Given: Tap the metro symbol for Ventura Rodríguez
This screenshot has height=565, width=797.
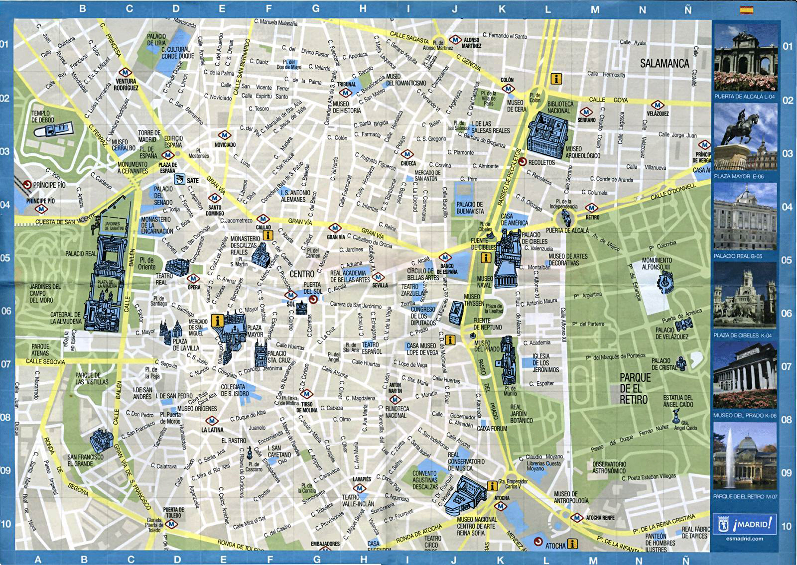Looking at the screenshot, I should tap(126, 72).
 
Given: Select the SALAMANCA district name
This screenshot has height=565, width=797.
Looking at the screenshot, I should tap(664, 64).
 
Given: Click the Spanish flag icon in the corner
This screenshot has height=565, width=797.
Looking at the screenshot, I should tap(746, 9).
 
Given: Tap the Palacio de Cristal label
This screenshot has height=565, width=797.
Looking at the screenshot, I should tap(661, 364).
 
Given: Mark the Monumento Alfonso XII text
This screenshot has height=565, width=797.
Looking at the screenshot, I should tap(656, 263).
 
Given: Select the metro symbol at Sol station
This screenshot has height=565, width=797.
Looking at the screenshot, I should tap(291, 296).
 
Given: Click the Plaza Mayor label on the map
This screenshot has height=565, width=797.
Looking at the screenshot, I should tap(255, 331).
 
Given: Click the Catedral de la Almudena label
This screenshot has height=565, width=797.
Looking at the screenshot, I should tap(65, 318).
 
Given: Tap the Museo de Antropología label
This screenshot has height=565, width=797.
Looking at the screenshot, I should tap(571, 497).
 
